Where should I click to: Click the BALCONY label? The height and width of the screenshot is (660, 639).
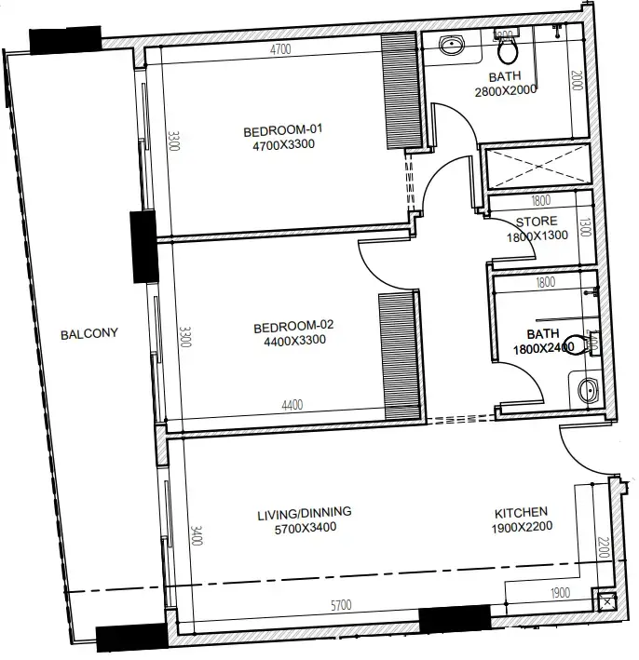pyautogui.click(x=88, y=334)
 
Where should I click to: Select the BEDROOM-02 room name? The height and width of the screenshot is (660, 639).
pyautogui.click(x=293, y=327)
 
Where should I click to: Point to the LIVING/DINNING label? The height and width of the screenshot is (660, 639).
pyautogui.click(x=304, y=513)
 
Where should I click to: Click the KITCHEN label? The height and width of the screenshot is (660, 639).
pyautogui.click(x=520, y=513)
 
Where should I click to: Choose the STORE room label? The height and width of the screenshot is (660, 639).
pyautogui.click(x=537, y=222)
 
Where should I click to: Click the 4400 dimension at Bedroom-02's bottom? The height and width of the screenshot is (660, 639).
pyautogui.click(x=292, y=405)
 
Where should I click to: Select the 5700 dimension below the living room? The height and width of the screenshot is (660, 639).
pyautogui.click(x=341, y=606)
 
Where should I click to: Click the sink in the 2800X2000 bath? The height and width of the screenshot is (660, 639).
pyautogui.click(x=453, y=45)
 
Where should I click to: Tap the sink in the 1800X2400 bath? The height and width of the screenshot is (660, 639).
pyautogui.click(x=586, y=390)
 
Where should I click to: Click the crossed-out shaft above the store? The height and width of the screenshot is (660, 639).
pyautogui.click(x=538, y=167)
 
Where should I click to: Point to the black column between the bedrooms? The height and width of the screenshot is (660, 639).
pyautogui.click(x=143, y=247)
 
